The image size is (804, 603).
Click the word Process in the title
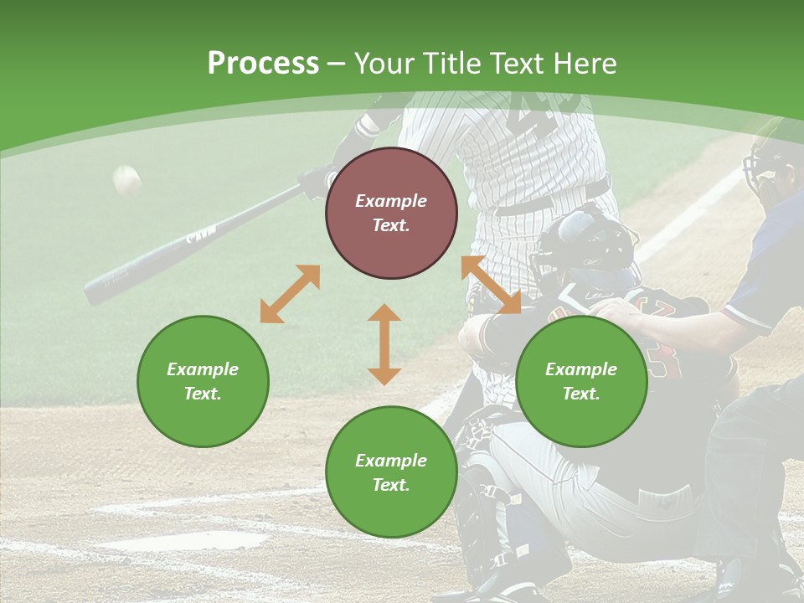tap(263, 64)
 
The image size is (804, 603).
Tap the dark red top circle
tap(391, 213)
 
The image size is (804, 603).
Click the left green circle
tap(203, 381)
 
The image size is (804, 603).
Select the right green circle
tap(581, 381)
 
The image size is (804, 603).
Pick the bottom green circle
tap(391, 472)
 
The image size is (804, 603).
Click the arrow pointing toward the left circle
tap(290, 294)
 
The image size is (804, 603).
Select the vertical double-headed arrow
tap(384, 344)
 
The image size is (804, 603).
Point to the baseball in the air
tap(127, 179)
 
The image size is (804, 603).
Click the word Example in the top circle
tap(391, 201)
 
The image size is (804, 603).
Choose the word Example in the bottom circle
tap(391, 461)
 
